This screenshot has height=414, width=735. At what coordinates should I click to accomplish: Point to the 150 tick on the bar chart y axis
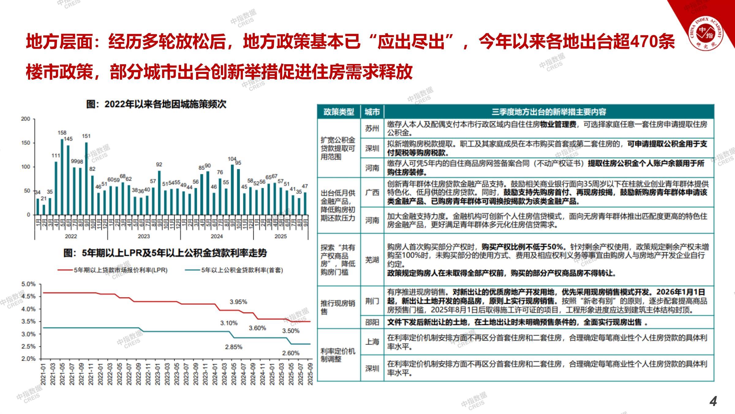click(26, 143)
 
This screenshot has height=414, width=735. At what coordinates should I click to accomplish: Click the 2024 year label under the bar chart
click(217, 236)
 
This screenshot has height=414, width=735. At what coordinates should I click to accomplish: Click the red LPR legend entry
click(113, 270)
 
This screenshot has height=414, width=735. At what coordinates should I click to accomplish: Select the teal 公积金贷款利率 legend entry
click(235, 270)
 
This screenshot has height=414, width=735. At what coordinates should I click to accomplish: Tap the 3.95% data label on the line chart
click(238, 302)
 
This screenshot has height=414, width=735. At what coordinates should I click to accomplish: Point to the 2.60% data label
click(291, 353)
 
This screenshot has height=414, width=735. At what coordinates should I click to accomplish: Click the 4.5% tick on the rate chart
click(28, 297)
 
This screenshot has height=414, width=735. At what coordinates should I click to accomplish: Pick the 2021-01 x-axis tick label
click(43, 374)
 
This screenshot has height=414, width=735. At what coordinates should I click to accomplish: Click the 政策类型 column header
click(339, 112)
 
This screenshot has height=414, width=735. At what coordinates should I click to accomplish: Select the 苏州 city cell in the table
click(372, 128)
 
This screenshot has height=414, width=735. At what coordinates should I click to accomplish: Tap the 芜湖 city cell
click(372, 260)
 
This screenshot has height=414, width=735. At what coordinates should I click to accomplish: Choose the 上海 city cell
click(372, 342)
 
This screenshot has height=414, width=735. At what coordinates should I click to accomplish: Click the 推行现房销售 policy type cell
click(338, 307)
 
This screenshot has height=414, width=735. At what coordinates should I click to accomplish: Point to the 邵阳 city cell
click(372, 322)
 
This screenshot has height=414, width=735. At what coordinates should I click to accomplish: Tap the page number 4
click(713, 401)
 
